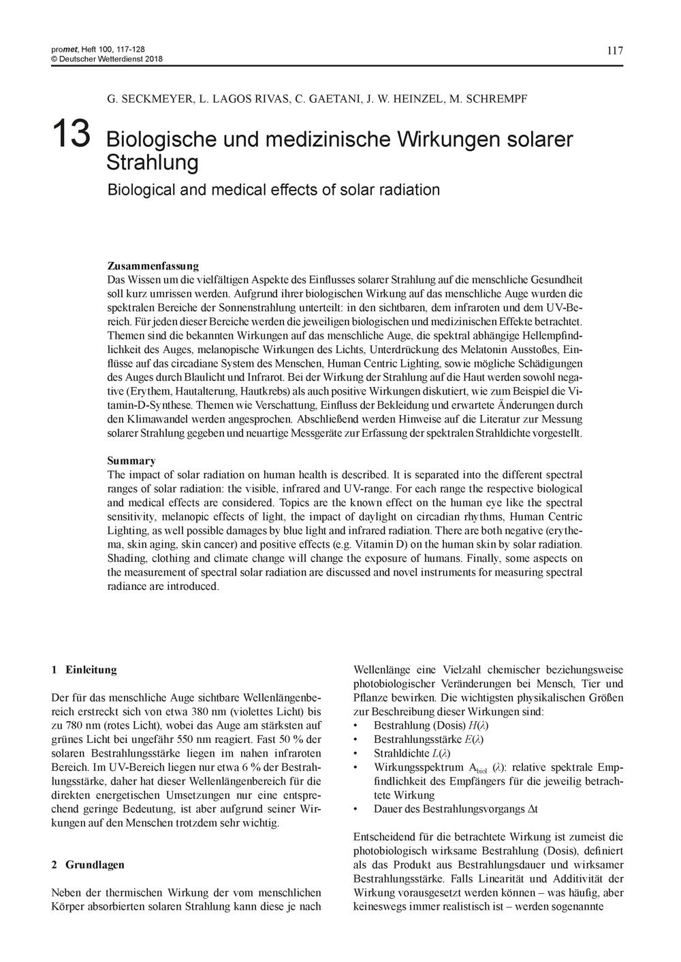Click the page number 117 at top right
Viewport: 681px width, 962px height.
click(x=614, y=50)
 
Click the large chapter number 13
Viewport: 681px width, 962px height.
click(x=71, y=134)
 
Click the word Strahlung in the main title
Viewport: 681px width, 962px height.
click(x=153, y=163)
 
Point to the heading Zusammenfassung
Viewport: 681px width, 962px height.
click(x=153, y=266)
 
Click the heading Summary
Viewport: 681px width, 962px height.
click(x=131, y=461)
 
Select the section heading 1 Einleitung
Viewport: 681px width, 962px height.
click(x=84, y=669)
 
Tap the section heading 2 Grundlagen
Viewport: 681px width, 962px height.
click(x=88, y=865)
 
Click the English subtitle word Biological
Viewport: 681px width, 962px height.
click(x=140, y=189)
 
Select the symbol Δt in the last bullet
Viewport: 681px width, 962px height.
click(x=533, y=810)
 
